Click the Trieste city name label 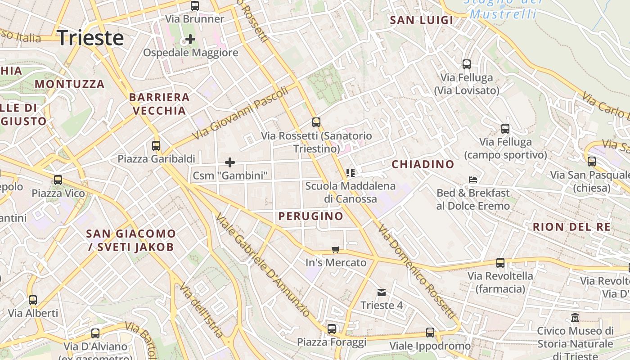90,38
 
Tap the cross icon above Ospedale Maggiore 190,39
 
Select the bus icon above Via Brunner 195,6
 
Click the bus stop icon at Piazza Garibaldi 156,146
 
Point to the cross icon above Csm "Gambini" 230,162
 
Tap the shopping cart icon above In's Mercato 335,249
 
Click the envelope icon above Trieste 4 382,292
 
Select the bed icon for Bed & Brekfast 473,180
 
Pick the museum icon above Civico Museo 575,318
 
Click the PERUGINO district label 310,216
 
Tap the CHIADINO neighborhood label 423,164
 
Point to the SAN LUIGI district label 421,20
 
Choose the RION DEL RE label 571,227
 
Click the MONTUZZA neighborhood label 70,84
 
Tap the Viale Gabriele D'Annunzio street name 262,265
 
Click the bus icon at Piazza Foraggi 332,329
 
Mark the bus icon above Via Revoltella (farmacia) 500,263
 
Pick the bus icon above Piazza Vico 58,180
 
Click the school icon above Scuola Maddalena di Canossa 351,172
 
